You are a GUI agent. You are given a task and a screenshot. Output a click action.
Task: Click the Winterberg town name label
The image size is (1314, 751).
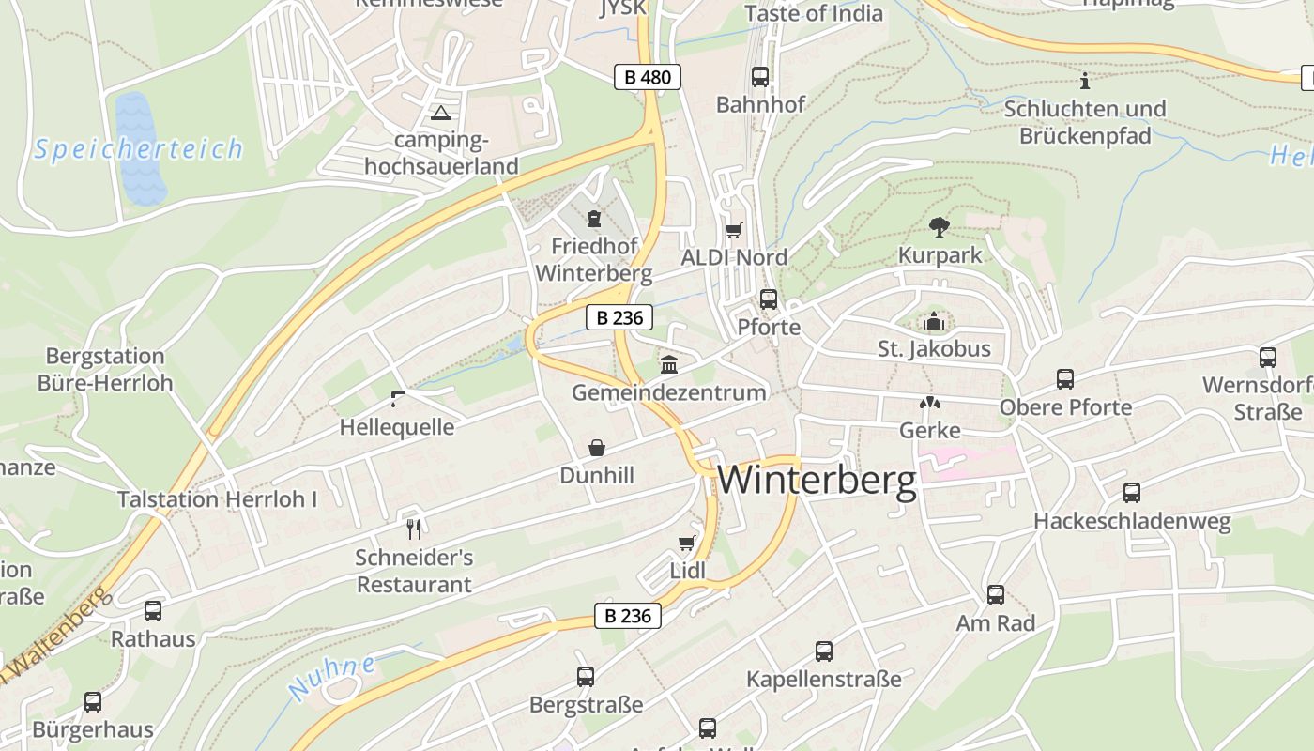(817, 480)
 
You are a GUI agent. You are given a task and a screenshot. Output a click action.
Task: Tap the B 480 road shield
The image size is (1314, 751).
(648, 77)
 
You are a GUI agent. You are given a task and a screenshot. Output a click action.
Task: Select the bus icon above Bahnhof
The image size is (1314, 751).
(760, 77)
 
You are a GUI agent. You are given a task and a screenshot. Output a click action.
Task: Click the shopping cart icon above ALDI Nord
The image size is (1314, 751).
(734, 230)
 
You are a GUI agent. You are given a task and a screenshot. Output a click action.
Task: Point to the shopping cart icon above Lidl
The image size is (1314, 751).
(687, 543)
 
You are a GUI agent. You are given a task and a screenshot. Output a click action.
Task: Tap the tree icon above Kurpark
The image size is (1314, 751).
(939, 226)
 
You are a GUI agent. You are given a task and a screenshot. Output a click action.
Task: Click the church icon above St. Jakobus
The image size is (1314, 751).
(934, 322)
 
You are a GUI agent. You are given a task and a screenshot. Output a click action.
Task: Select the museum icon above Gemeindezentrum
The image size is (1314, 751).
(669, 364)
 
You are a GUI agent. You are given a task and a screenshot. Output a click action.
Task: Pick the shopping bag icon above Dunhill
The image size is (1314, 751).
(597, 448)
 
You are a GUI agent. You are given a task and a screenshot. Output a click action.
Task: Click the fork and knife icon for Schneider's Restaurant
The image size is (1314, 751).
(414, 529)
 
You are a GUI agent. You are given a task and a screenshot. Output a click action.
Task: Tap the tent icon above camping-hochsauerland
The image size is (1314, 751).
(440, 115)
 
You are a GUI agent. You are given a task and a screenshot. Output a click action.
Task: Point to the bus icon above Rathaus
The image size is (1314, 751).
(153, 611)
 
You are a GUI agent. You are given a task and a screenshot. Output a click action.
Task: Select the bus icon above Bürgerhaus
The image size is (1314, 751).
(93, 701)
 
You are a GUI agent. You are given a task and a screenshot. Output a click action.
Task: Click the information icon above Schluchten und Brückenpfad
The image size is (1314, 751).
(1086, 81)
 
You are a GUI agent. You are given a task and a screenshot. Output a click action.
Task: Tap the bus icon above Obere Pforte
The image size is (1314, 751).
(1065, 379)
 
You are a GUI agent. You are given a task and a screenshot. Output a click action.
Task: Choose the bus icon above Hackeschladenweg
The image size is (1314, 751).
(1132, 493)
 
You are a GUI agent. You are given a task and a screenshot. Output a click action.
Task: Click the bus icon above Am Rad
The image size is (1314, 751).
(996, 595)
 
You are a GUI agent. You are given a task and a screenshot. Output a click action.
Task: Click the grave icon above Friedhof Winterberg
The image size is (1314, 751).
(593, 220)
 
